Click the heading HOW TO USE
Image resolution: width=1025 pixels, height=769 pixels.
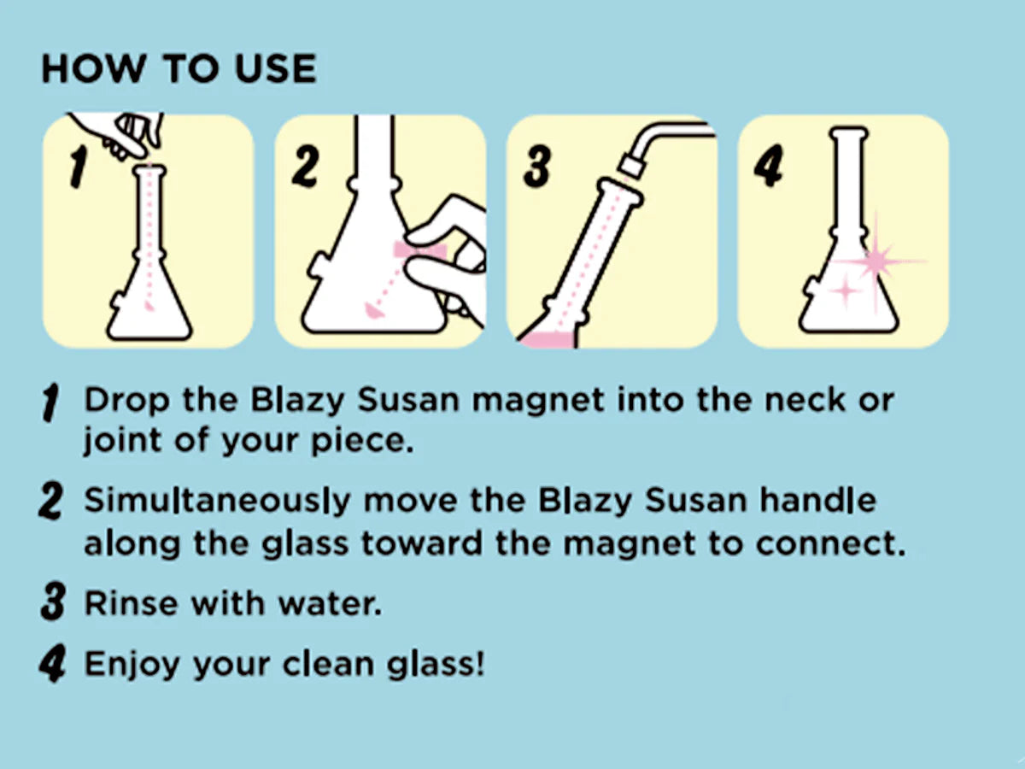tap(179, 68)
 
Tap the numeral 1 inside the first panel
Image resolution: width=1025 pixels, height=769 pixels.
tap(78, 167)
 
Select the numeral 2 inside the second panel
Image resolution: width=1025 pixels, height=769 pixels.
tap(306, 166)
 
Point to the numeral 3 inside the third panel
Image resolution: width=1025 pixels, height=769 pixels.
tap(537, 167)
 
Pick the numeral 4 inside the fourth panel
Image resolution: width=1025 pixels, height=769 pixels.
tap(768, 166)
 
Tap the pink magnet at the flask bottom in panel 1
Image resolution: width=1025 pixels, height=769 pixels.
tap(149, 306)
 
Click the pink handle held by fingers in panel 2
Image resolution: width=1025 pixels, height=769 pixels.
tap(419, 250)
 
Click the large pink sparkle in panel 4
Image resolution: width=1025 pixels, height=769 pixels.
tap(876, 261)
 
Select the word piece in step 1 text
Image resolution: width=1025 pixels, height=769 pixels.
tap(362, 441)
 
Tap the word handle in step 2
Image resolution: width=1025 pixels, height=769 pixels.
tap(817, 500)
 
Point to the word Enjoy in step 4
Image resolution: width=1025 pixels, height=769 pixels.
tap(132, 665)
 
